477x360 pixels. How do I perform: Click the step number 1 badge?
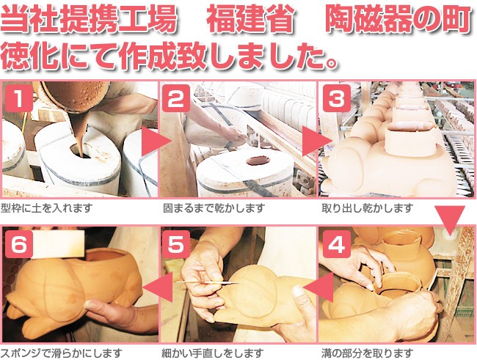(19, 98)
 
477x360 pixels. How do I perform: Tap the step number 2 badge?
(176, 98)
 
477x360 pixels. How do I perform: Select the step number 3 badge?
(336, 98)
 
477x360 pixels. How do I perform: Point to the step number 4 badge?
(336, 244)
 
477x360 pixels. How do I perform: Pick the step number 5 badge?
(176, 244)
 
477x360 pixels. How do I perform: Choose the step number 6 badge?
(19, 244)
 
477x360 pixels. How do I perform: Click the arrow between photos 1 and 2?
(155, 141)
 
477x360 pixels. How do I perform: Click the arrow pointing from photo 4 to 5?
(318, 287)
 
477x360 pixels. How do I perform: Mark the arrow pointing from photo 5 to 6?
(159, 287)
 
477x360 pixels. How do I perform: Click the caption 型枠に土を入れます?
(46, 208)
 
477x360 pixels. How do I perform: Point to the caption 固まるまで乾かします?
(214, 208)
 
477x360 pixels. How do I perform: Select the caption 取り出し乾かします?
(368, 208)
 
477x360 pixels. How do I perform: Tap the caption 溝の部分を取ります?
(368, 353)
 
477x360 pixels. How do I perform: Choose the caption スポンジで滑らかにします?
(62, 353)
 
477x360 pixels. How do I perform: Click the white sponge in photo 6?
(58, 244)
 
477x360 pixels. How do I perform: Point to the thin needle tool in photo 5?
(208, 283)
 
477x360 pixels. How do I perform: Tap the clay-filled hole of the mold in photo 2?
(258, 161)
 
